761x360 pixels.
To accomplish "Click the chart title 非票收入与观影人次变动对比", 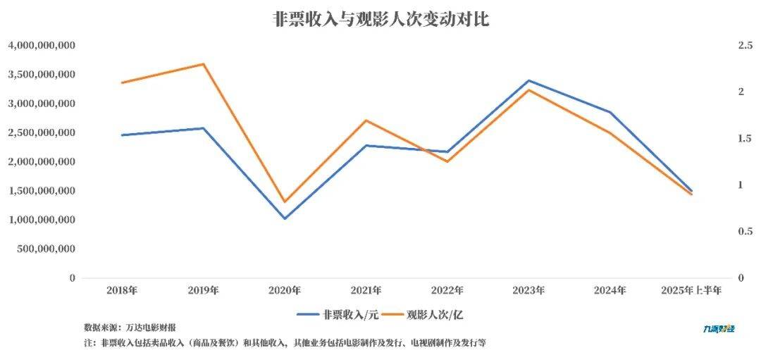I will click(380, 19).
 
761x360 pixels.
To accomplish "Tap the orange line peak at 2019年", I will click(204, 64).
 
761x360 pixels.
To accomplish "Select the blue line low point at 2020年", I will click(285, 218).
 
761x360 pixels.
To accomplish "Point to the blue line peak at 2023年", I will click(528, 80).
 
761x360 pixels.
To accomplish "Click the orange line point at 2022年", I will click(447, 162).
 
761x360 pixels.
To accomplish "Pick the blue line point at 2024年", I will click(610, 112).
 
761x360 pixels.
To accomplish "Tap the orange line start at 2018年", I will click(122, 82).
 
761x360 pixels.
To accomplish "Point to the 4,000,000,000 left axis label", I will click(42, 45).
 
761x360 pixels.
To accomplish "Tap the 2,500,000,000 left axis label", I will click(42, 132).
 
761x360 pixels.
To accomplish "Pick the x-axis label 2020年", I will click(285, 290).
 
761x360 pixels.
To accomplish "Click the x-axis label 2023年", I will click(528, 290).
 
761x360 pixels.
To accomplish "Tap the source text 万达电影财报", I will click(151, 328).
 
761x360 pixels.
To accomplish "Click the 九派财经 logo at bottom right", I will click(719, 328).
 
